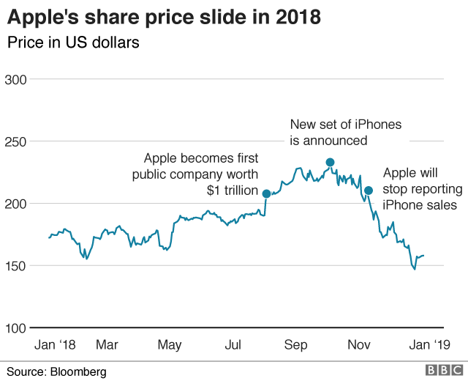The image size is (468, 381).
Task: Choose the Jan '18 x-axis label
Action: [56, 344]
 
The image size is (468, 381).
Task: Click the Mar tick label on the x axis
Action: [107, 344]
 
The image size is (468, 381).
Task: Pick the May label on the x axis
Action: [170, 344]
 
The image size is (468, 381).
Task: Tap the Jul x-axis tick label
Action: [233, 344]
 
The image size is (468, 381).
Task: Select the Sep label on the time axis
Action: [295, 344]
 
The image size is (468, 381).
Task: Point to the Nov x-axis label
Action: [358, 344]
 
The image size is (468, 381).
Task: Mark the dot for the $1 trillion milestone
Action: [266, 194]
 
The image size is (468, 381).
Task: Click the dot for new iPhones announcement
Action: [330, 163]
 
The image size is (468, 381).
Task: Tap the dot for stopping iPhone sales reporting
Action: [369, 190]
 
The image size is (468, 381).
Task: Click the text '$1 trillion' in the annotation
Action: [233, 191]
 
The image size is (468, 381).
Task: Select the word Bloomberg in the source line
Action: [78, 371]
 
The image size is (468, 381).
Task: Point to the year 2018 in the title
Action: [298, 17]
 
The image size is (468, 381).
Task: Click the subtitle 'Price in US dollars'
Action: [73, 42]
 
